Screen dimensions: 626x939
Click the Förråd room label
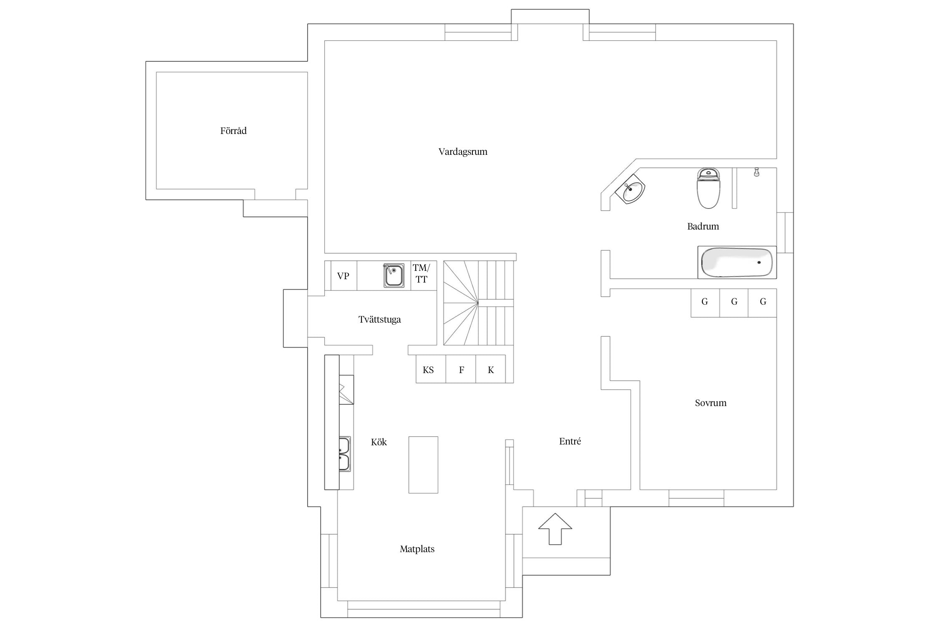pos(233,131)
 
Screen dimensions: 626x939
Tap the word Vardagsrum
pos(463,151)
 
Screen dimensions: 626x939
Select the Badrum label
pos(703,226)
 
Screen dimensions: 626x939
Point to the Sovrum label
pos(710,403)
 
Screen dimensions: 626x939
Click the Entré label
pos(570,441)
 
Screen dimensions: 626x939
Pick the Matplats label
pos(417,549)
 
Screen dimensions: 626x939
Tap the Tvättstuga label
pos(379,319)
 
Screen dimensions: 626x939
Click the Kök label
pos(379,442)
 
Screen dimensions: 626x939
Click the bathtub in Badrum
pos(737,263)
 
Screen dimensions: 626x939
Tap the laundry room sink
pos(394,275)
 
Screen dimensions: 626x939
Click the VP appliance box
pos(343,276)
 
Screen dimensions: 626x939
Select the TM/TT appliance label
pos(422,274)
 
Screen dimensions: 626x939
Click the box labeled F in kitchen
pos(461,369)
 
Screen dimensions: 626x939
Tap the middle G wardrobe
pos(734,302)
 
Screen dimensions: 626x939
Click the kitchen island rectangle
pos(423,464)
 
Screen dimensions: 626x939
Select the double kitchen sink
pos(344,454)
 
